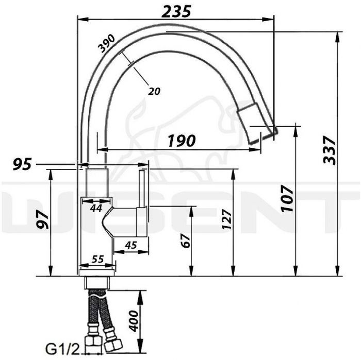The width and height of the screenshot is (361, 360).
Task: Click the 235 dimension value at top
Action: (x=176, y=11)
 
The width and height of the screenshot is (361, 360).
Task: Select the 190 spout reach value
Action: (x=182, y=141)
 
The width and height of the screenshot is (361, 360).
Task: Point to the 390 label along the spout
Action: (x=106, y=43)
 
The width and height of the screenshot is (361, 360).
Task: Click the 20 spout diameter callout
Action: (x=154, y=91)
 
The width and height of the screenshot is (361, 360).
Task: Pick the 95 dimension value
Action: (x=22, y=165)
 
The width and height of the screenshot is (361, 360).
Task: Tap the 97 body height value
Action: (x=43, y=220)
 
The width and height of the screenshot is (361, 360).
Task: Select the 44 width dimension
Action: (x=96, y=208)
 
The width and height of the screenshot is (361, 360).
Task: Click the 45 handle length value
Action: (x=131, y=245)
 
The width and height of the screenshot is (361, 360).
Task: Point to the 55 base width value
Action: (x=97, y=259)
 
